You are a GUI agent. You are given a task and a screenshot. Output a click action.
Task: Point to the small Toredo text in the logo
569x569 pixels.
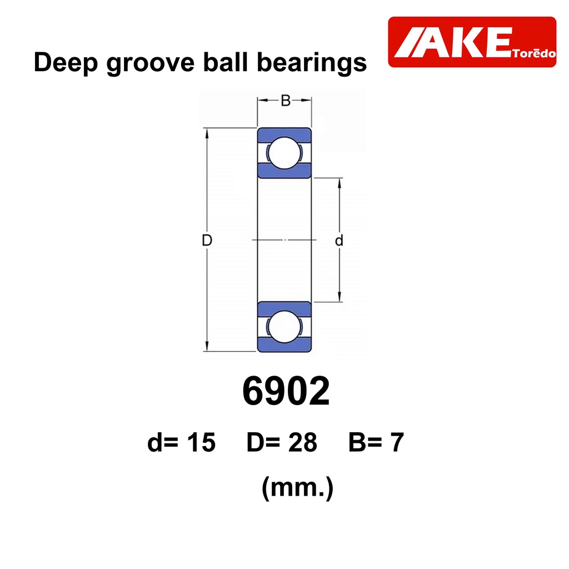(x=534, y=53)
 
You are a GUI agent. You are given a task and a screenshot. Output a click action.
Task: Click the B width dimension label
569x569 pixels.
(x=286, y=101)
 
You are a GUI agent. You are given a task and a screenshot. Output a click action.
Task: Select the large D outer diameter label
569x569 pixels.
(x=207, y=240)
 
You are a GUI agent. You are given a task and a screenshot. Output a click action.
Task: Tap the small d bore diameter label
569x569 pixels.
(x=339, y=240)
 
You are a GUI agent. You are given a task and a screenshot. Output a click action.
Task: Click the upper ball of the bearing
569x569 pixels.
(x=284, y=153)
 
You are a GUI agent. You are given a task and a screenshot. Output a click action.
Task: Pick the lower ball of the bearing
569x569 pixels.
(x=284, y=327)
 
